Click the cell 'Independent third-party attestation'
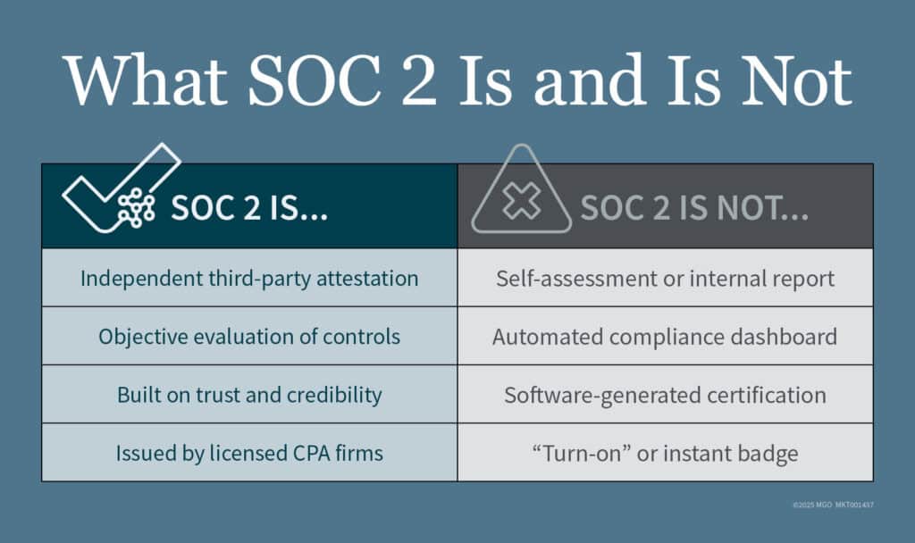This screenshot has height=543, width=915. coord(249,278)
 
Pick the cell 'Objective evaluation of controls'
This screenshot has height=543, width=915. coord(249,337)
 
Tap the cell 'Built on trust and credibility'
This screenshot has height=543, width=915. coord(249,395)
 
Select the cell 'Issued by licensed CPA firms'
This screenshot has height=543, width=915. coord(249,453)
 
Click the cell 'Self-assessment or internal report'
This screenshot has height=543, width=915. coord(665,278)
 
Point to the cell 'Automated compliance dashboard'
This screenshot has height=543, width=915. coord(665,337)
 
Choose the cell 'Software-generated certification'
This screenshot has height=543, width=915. coord(665,395)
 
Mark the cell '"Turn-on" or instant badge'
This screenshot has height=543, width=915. coord(665,453)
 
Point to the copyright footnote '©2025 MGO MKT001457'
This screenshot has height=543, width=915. coord(833,505)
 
